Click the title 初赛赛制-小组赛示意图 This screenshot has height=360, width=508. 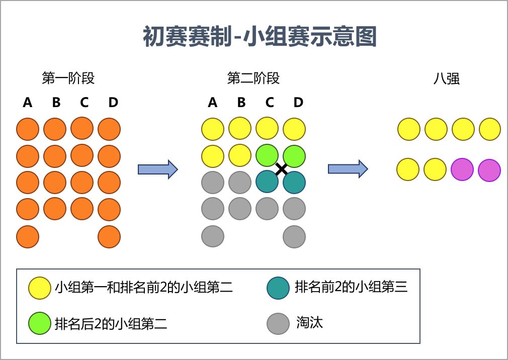tap(260, 37)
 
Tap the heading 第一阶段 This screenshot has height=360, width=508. tap(68, 78)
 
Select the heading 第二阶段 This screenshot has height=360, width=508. tap(253, 78)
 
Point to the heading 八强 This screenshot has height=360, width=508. tap(447, 79)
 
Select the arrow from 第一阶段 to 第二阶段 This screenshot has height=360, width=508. tap(157, 169)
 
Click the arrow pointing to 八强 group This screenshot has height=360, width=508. tap(348, 169)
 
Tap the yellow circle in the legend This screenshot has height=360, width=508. tap(40, 288)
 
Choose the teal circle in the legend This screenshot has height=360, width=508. tap(278, 288)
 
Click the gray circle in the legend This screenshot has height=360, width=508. tap(278, 323)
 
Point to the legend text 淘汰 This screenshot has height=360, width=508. tap(309, 323)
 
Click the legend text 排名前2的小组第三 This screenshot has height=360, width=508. tap(351, 287)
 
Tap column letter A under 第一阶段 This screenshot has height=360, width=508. tap(28, 103)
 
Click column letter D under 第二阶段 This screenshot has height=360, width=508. tap(298, 103)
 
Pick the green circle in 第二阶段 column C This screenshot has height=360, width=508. tap(267, 156)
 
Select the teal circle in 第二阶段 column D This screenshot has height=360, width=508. tap(294, 183)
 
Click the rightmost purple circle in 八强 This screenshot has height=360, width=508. tap(489, 169)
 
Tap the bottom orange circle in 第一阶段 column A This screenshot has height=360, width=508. tap(28, 237)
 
